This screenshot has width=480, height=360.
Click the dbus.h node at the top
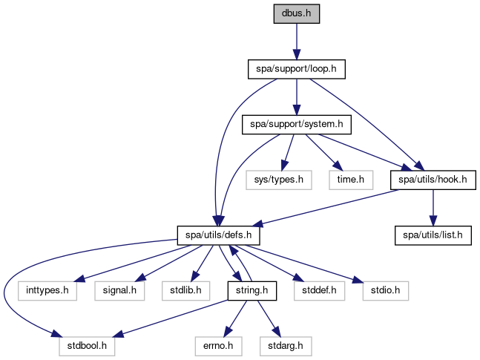coord(296,14)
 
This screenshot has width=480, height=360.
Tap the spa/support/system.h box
coord(296,124)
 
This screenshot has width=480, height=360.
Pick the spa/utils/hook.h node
coord(432,179)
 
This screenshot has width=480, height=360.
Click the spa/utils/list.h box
coord(432,235)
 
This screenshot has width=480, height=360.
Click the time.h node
coord(351,179)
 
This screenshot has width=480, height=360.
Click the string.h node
coord(251,289)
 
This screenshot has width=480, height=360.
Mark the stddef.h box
coord(319,289)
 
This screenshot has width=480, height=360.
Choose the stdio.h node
coord(385,289)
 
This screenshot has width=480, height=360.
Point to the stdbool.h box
coord(86,345)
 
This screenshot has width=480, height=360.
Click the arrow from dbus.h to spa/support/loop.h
coord(296,41)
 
